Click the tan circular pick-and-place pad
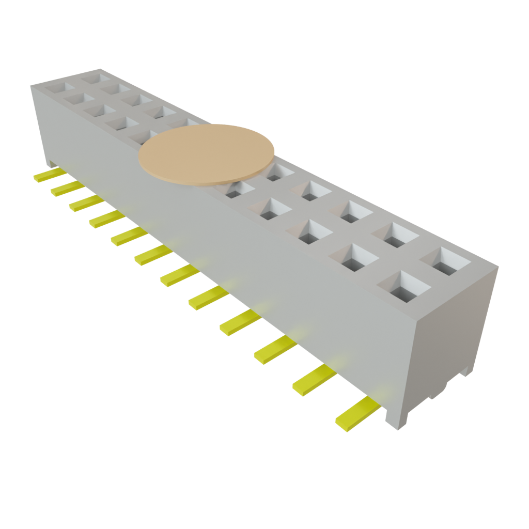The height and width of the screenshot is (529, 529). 207,154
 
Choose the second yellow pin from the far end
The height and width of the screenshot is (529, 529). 66,189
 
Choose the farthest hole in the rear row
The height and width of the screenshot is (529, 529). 96,78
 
